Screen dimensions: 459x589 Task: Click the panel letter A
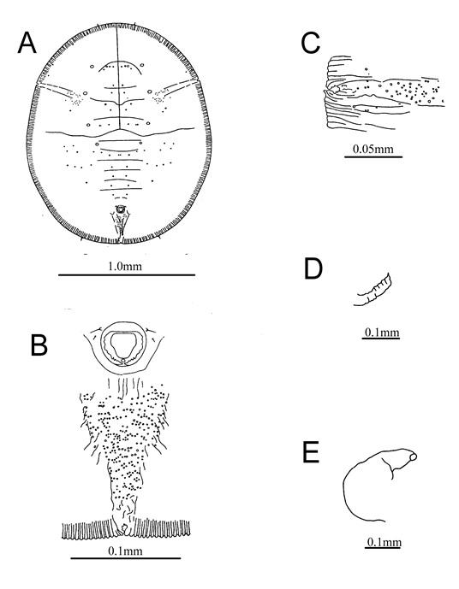tap(27, 43)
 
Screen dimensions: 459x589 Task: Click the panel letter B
tap(39, 345)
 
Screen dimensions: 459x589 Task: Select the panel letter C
tap(310, 43)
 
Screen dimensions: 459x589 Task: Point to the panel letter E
tap(311, 452)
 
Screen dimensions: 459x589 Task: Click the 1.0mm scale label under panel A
tap(125, 267)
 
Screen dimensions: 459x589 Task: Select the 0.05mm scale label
tap(373, 149)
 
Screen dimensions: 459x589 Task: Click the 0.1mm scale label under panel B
tap(125, 551)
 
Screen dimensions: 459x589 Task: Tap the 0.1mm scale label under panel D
tap(382, 332)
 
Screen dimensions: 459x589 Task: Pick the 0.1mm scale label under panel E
tap(384, 542)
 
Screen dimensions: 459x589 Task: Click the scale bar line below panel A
tap(127, 275)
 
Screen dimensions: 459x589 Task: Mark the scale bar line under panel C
tap(373, 156)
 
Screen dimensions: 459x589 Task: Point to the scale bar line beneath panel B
tap(126, 558)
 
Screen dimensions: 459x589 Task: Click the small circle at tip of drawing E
tap(413, 456)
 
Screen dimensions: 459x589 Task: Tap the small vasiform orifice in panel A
tap(120, 209)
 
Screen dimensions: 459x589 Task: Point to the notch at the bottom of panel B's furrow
tap(122, 530)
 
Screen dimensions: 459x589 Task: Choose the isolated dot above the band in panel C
tap(367, 69)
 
